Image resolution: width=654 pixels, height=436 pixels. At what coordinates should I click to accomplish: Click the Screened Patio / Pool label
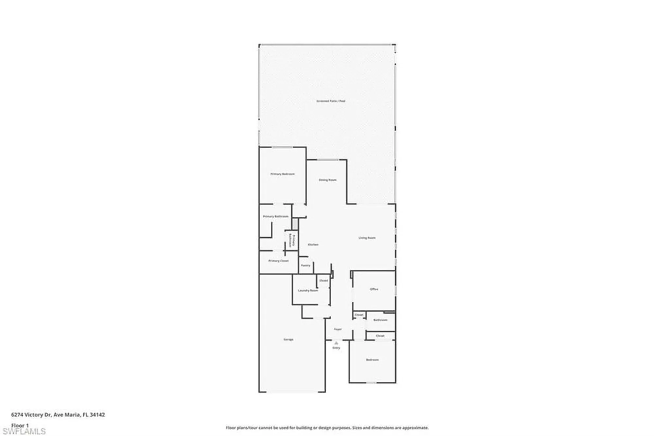(x=331, y=101)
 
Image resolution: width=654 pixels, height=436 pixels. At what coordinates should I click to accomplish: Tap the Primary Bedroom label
(x=283, y=174)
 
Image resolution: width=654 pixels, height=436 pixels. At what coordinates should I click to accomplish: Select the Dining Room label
(x=327, y=180)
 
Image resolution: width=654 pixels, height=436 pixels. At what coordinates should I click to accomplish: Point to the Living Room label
(x=367, y=238)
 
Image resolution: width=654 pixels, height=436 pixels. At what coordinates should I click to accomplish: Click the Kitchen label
(x=313, y=245)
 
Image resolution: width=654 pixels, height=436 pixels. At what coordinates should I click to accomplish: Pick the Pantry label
(x=305, y=265)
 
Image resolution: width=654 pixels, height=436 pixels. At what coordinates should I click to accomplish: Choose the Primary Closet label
(x=278, y=261)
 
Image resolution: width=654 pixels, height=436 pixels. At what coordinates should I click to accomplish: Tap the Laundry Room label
(x=308, y=291)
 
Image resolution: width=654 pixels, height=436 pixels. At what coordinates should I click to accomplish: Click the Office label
(x=374, y=289)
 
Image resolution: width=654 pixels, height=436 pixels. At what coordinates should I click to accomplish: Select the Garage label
(x=288, y=339)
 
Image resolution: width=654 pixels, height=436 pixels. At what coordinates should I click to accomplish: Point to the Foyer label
(x=337, y=329)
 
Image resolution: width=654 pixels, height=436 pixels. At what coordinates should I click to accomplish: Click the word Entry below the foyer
(x=336, y=348)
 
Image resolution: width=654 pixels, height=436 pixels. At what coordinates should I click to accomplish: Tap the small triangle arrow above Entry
(x=336, y=343)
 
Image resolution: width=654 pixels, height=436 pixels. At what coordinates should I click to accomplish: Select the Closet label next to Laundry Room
(x=323, y=281)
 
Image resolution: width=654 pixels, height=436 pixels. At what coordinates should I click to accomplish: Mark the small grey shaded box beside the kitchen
(x=295, y=224)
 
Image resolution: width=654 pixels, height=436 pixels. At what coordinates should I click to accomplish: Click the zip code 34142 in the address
(x=98, y=415)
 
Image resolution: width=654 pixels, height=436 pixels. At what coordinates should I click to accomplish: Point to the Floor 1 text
(x=20, y=426)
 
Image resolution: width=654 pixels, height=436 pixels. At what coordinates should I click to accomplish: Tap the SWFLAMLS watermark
(x=24, y=431)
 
